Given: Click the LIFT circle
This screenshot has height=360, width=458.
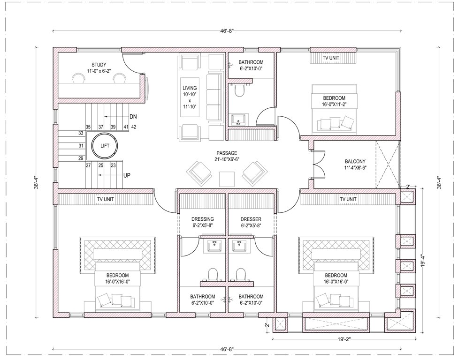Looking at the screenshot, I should pos(105,146).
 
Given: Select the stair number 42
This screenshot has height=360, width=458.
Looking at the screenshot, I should pos(134,127).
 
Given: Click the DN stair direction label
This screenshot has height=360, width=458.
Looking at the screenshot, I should pos(133,116).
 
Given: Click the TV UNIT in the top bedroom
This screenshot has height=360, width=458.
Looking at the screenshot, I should pos(334,58).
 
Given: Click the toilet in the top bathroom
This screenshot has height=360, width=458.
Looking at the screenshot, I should pos(239,90).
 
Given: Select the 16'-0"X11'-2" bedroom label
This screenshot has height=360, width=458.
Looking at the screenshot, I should pos(334,101).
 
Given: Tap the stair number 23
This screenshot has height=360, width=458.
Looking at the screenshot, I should pos(113,165).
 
